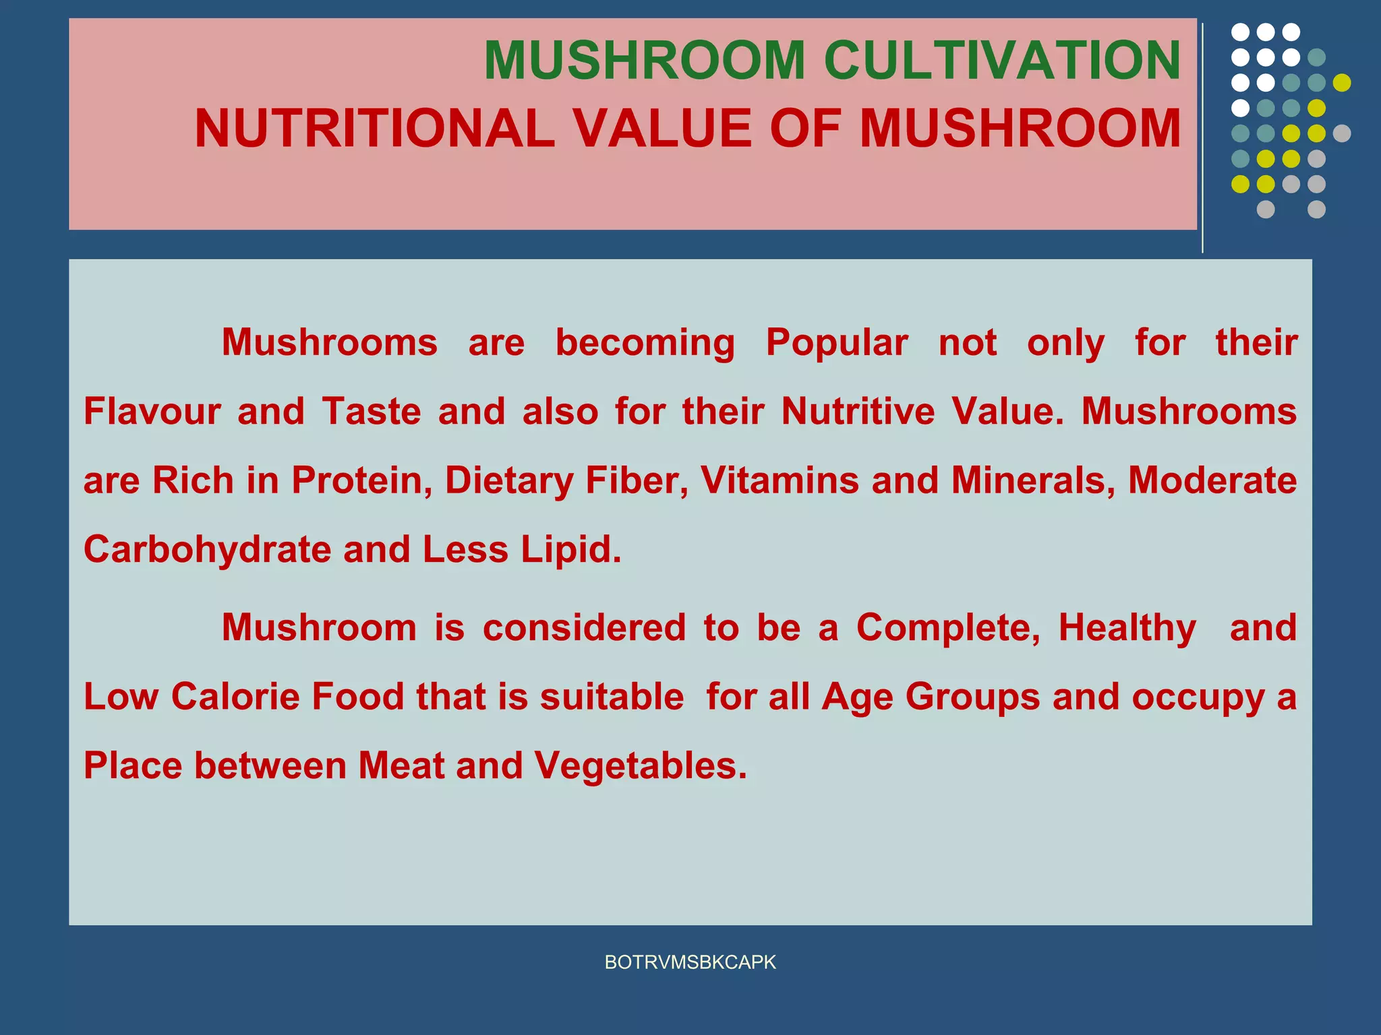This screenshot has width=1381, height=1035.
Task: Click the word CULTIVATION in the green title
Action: (1002, 61)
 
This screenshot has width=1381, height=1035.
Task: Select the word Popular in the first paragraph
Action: (837, 343)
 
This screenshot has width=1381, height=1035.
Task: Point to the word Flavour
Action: (152, 411)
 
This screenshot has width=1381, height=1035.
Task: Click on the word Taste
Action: (372, 411)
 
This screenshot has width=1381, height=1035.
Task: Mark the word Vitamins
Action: (780, 480)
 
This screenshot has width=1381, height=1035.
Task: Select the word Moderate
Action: (1212, 480)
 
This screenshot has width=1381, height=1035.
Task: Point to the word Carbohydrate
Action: (207, 550)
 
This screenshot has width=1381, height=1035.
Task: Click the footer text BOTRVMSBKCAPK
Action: (690, 962)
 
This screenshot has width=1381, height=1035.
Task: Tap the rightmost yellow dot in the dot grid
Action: (1342, 83)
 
